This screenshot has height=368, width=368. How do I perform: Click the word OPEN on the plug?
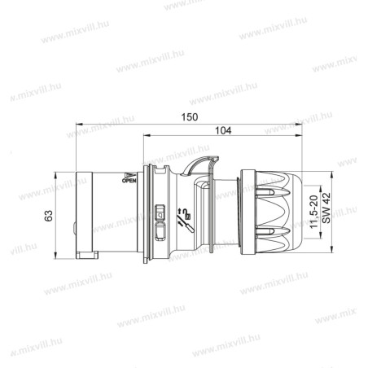(129, 182)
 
